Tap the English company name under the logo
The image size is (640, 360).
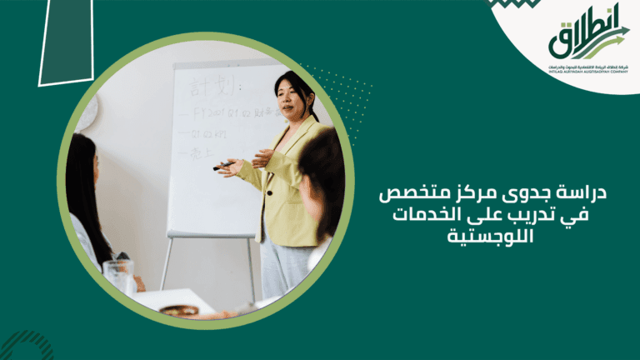coord(588,72)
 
